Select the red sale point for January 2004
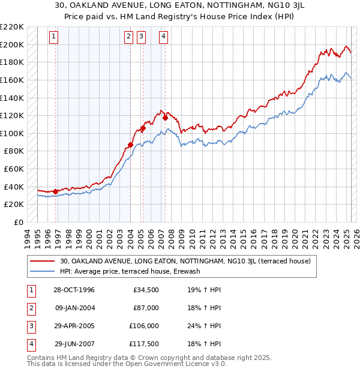pos(130,145)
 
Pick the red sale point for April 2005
pos(143,128)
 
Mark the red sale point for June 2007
pos(165,118)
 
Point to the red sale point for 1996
pos(56,191)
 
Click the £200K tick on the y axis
pos(11,44)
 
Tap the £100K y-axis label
pos(11,133)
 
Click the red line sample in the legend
pos(43,262)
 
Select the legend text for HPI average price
pos(130,271)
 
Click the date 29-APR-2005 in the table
pos(74,326)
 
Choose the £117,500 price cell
pos(144,344)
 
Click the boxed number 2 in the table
pos(31,308)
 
